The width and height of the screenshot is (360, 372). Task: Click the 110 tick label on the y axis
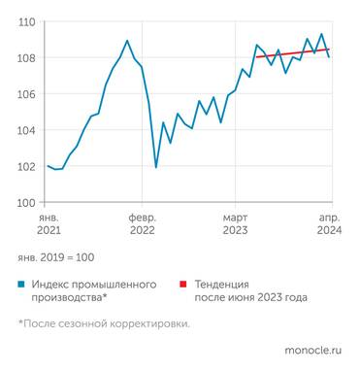(x=26, y=21)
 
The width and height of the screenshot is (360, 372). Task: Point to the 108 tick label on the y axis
(x=26, y=57)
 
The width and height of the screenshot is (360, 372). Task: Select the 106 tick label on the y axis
(x=26, y=94)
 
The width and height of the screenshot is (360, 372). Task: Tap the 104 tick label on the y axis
(x=26, y=130)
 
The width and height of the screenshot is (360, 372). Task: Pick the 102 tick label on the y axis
(x=26, y=166)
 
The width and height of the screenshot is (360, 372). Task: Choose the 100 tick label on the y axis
(x=26, y=202)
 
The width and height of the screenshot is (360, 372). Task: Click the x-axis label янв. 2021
(x=49, y=224)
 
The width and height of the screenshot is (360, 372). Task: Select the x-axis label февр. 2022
(x=142, y=224)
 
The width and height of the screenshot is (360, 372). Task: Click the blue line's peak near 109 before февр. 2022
(x=127, y=41)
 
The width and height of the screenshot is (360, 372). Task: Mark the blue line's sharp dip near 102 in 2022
(x=156, y=167)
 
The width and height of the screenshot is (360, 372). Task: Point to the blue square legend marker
(x=21, y=285)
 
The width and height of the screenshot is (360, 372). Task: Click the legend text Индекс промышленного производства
(x=93, y=291)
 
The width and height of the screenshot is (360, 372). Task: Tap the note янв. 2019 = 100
(x=56, y=257)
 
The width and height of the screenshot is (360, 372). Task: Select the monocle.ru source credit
(x=314, y=348)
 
